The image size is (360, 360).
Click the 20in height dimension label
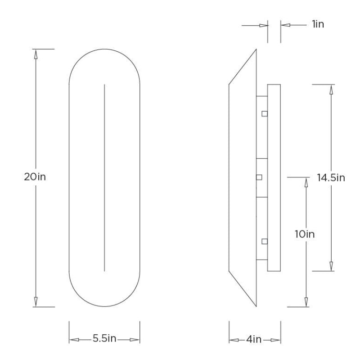click(35, 177)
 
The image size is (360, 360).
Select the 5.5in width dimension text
click(104, 339)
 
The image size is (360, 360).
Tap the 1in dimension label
click(317, 24)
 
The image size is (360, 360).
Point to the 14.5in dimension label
click(331, 177)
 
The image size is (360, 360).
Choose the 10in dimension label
click(306, 234)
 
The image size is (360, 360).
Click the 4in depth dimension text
click(255, 339)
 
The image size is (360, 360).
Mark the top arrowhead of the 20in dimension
click(35, 54)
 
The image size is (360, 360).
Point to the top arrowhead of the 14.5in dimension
click(332, 89)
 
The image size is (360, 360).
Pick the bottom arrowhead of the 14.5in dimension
click(332, 266)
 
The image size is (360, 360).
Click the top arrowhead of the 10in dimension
click(306, 182)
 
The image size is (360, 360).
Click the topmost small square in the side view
click(265, 113)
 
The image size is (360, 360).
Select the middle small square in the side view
click(259, 177)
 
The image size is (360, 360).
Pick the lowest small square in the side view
click(265, 242)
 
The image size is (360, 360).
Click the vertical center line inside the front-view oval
click(104, 177)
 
